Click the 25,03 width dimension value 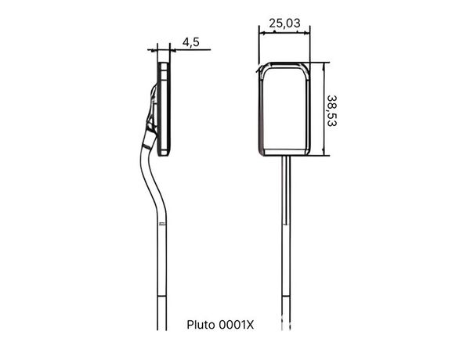(284, 23)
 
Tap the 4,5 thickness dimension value (191, 42)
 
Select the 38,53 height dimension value (332, 111)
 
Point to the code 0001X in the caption (237, 325)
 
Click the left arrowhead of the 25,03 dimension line (262, 33)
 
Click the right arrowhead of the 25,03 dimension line (307, 33)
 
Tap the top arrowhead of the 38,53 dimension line (323, 66)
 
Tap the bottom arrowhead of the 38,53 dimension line (323, 153)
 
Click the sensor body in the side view (164, 109)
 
